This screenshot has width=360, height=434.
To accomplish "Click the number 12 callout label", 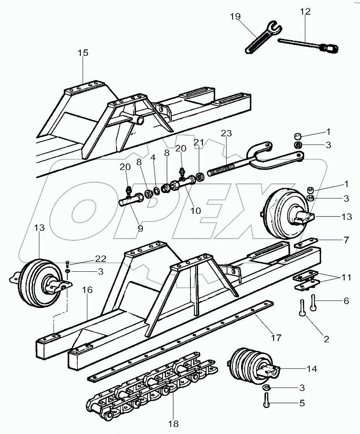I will (x=305, y=12).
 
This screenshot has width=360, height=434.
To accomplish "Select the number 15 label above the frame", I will (x=83, y=53).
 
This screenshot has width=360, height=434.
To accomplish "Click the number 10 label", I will (x=196, y=211).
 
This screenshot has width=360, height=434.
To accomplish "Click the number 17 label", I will (x=276, y=338).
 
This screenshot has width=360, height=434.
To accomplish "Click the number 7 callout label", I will (x=346, y=239).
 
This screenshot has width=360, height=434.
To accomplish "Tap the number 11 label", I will (x=346, y=278).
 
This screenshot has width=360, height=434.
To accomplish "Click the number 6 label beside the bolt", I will (x=346, y=301).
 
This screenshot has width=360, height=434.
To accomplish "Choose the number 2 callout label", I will (x=326, y=338).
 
